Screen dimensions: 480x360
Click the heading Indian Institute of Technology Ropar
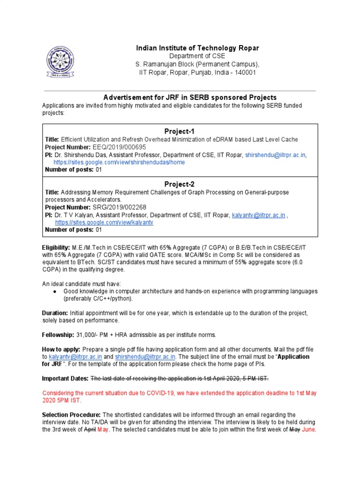tap(197, 48)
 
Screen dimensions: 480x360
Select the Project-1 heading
tap(179, 131)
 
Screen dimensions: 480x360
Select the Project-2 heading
tap(179, 184)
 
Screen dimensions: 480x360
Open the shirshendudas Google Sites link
tap(120, 162)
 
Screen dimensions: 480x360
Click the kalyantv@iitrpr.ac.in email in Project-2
tap(258, 215)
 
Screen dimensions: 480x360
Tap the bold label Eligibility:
tap(56, 247)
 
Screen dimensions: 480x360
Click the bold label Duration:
tap(55, 313)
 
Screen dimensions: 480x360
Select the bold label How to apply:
tap(61, 350)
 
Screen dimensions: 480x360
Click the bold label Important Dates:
tap(65, 378)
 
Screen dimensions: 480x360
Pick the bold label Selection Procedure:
tap(71, 415)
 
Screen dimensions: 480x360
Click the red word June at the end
tap(309, 430)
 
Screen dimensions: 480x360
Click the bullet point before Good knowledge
tap(56, 291)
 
